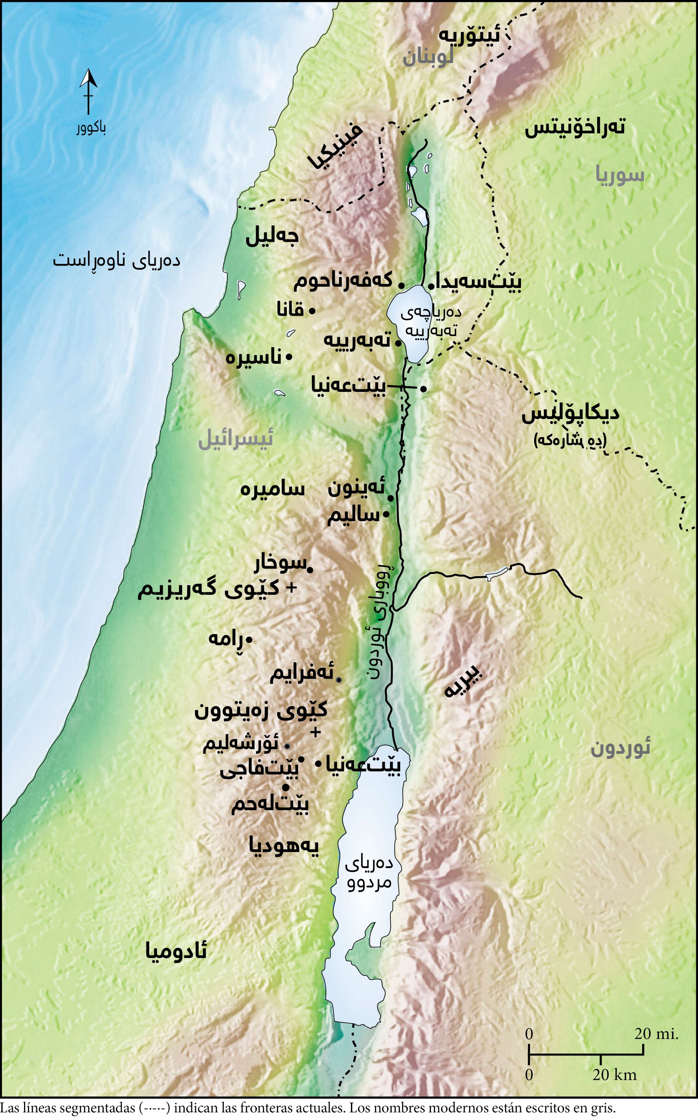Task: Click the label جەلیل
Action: [272, 236]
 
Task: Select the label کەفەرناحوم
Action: [343, 281]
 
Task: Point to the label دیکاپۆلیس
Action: [570, 414]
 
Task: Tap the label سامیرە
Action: [272, 489]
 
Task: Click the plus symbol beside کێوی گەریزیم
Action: [291, 588]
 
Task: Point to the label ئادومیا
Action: [176, 951]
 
